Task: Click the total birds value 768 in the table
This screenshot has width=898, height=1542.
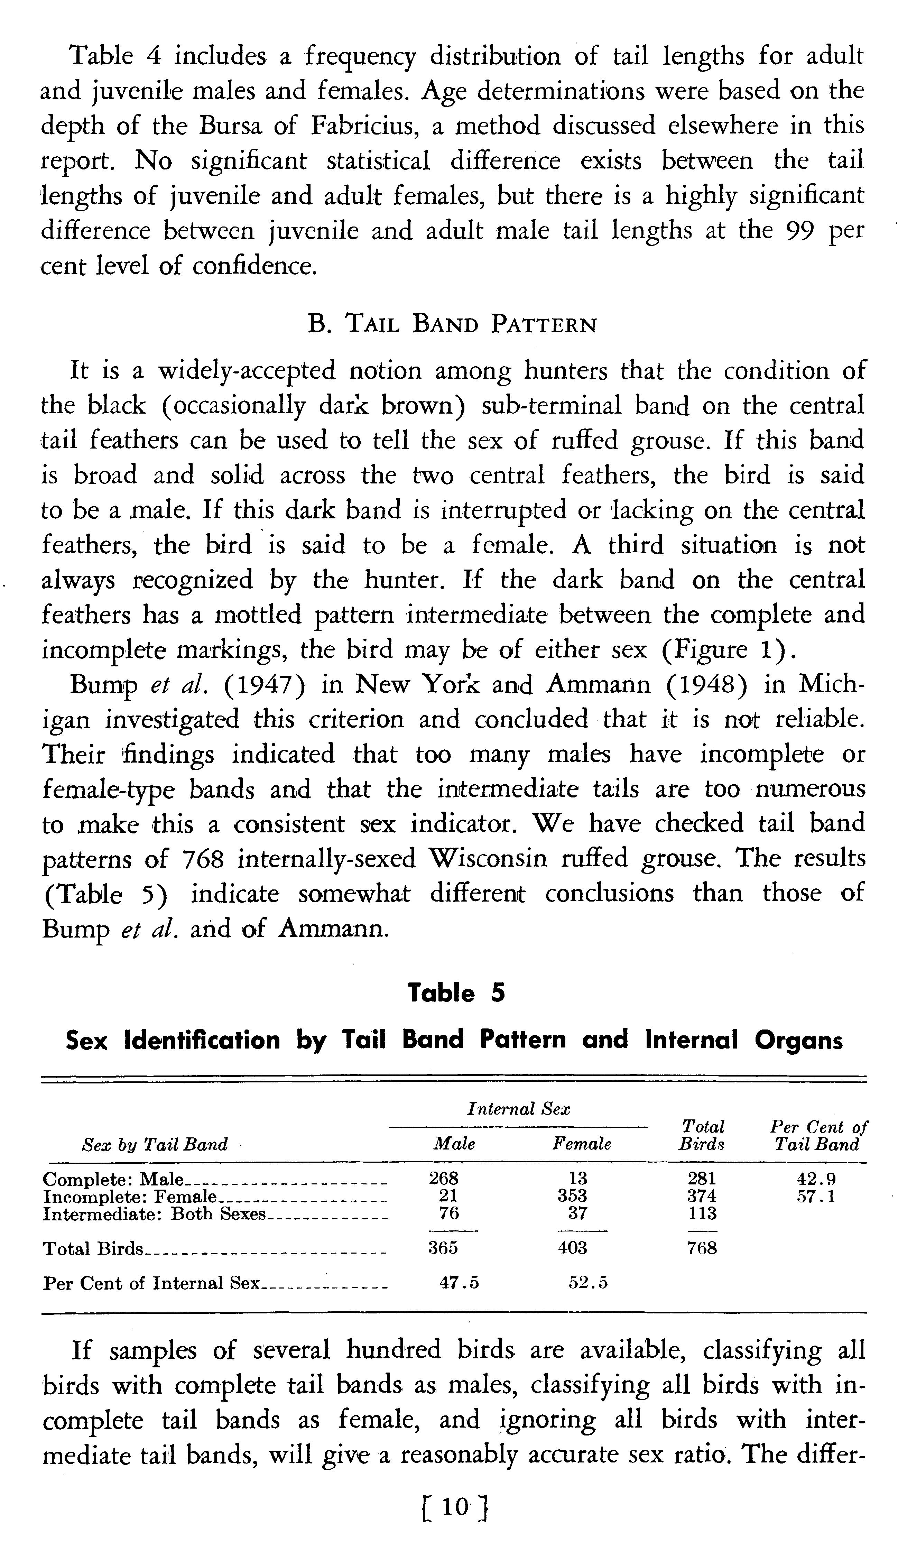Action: coord(702,1248)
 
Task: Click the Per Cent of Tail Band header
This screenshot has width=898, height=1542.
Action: coord(818,1136)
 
